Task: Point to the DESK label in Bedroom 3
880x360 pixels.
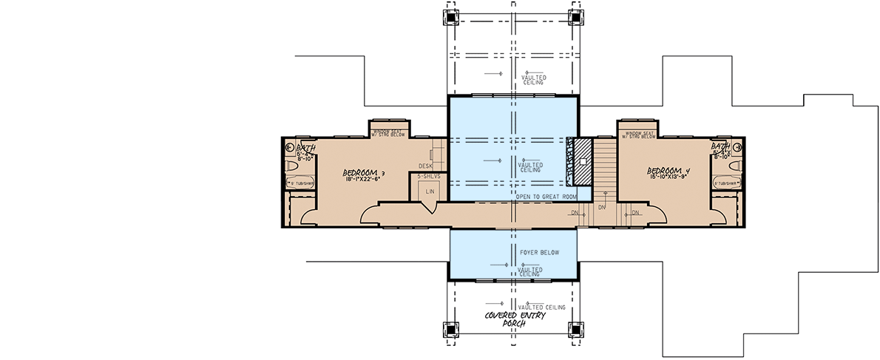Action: click(424, 166)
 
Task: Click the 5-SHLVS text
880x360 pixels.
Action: click(429, 177)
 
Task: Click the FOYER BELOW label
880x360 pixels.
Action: click(539, 252)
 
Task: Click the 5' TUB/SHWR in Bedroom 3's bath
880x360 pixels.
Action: click(299, 183)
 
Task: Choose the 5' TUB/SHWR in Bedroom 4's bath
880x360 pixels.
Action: click(727, 183)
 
